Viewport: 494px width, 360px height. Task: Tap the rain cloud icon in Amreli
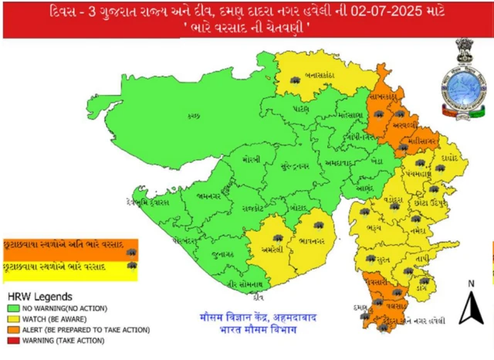coord(276,229)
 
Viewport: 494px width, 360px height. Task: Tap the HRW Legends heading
coord(40,296)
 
